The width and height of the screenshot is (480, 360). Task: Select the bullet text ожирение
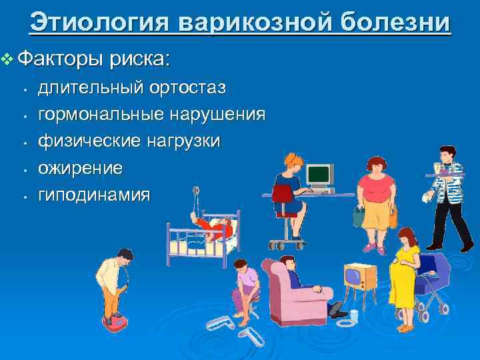coord(80,168)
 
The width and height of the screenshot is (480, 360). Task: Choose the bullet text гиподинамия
coord(94,195)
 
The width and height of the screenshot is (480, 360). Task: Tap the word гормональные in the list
coord(101,115)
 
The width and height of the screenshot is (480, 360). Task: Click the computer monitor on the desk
coord(319,175)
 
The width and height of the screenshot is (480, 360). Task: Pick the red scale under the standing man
coord(113,319)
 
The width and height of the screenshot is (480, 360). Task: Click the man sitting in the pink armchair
coord(300,280)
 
